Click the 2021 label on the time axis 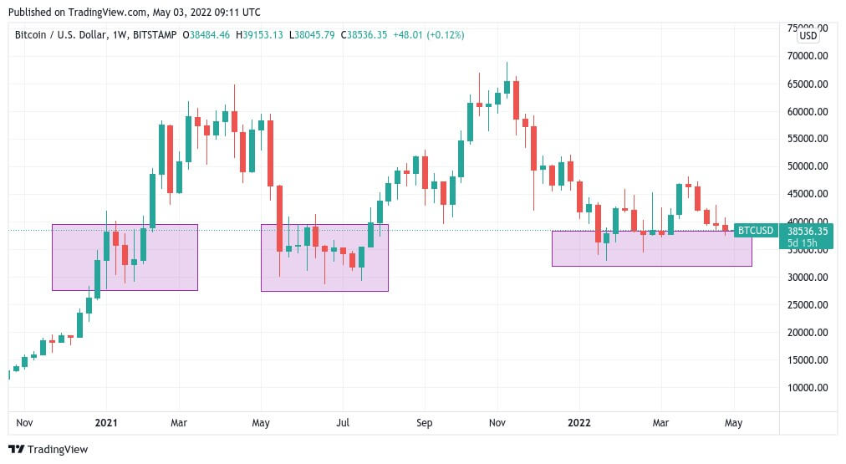coord(106,423)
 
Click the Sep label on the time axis coord(425,423)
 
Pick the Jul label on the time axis coord(343,423)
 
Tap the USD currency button coord(808,36)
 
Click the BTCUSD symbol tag coord(755,231)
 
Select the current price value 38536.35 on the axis coord(809,231)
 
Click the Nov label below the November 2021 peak coord(497,423)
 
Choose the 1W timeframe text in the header coord(131,35)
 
